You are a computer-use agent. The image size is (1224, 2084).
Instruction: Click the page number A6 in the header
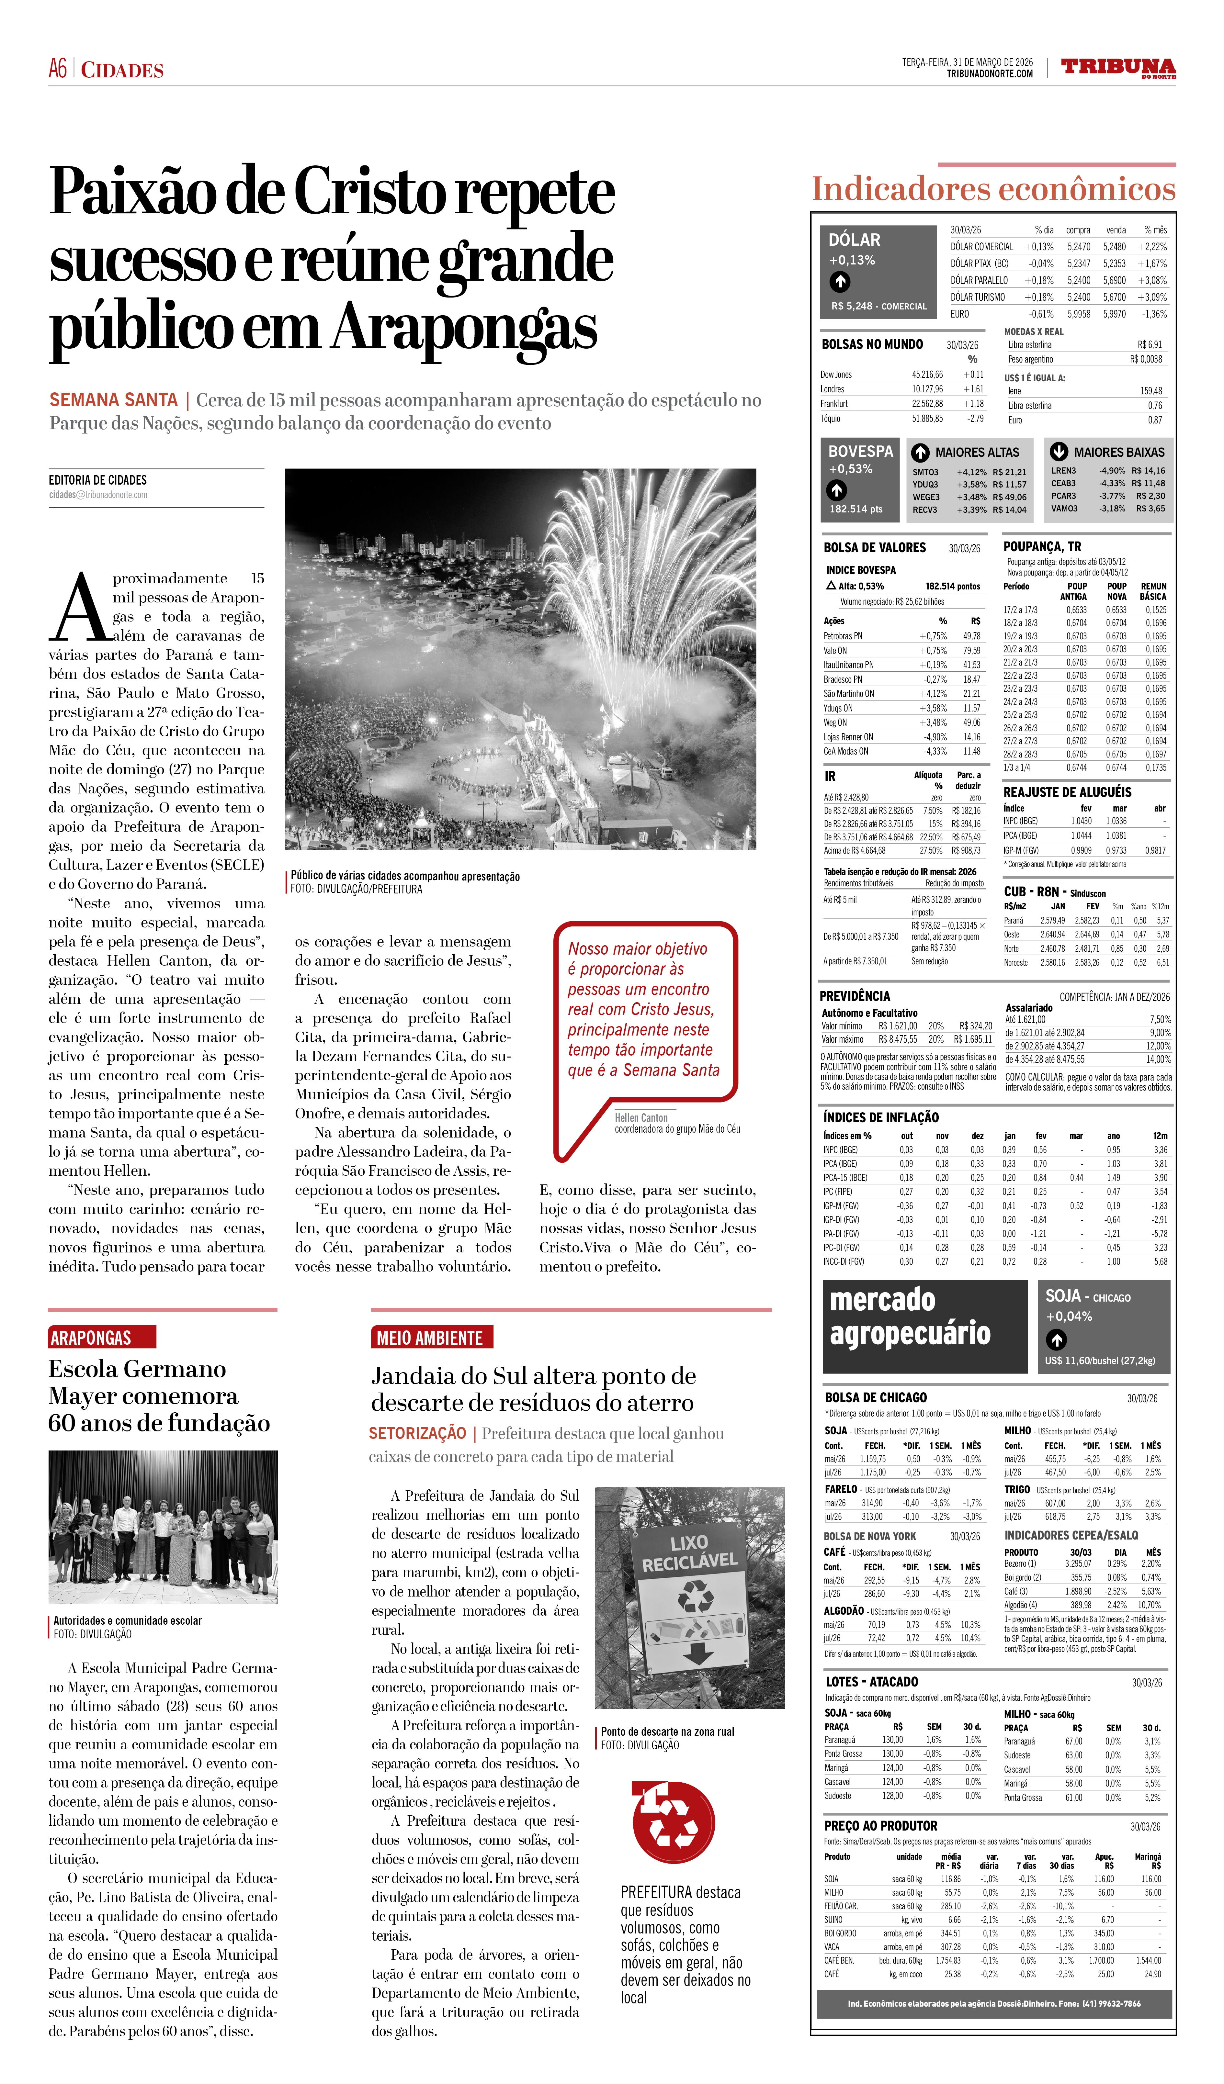pyautogui.click(x=58, y=69)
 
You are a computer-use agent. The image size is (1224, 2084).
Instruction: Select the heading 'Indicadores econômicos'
pyautogui.click(x=992, y=188)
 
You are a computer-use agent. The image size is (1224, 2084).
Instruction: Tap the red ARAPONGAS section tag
pyautogui.click(x=91, y=1337)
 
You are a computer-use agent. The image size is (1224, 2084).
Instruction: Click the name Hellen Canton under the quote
pyautogui.click(x=641, y=1117)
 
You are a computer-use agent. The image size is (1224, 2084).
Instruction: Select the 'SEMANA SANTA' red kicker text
pyautogui.click(x=113, y=400)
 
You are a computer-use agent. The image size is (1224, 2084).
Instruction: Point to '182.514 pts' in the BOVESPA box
pyautogui.click(x=856, y=509)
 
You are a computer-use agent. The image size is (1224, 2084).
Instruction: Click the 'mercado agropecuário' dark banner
pyautogui.click(x=924, y=1326)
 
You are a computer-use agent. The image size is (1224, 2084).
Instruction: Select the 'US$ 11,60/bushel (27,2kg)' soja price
pyautogui.click(x=1100, y=1361)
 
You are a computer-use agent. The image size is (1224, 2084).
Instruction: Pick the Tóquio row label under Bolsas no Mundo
pyautogui.click(x=831, y=419)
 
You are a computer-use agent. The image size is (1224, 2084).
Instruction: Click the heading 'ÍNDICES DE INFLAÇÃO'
pyautogui.click(x=881, y=1117)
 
